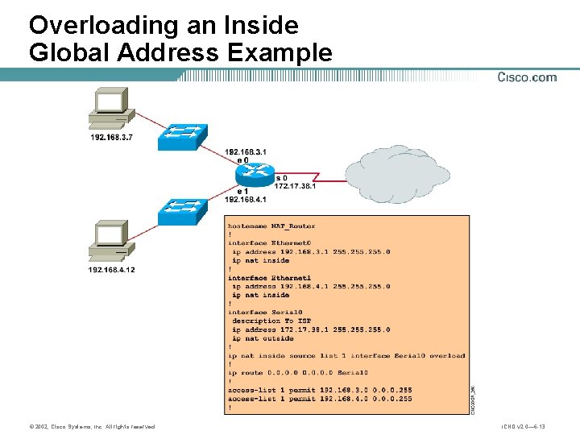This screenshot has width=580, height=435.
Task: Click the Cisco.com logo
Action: [x=527, y=77]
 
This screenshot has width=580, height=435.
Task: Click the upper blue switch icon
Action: [x=183, y=137]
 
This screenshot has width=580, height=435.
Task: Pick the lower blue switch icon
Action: [x=183, y=211]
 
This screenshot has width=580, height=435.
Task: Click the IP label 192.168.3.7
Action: [x=111, y=138]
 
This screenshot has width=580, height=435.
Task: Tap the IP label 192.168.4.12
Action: [x=111, y=270]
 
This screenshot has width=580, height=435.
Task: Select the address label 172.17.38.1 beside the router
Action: [x=296, y=186]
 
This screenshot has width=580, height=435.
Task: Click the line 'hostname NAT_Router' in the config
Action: [x=271, y=226]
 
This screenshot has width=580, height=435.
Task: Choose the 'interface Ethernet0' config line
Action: [x=269, y=242]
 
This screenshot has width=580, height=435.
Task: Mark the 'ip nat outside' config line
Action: [x=263, y=338]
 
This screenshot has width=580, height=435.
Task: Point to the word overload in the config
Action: [x=447, y=355]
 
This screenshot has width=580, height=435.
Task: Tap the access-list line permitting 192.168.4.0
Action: [x=320, y=398]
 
